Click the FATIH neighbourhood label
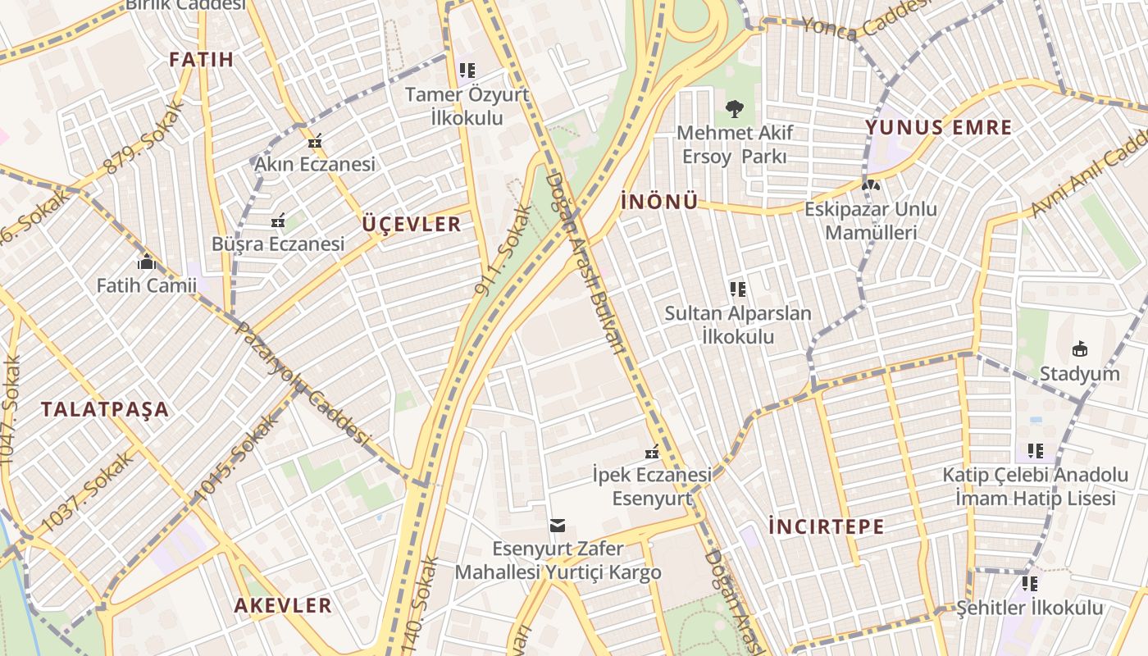click(x=201, y=59)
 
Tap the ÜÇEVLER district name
click(x=412, y=225)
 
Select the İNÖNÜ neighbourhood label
click(x=659, y=202)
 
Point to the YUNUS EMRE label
click(x=939, y=128)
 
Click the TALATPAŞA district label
click(x=105, y=409)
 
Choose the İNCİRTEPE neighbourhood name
click(x=827, y=526)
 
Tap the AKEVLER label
click(x=283, y=606)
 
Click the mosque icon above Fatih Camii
click(x=147, y=262)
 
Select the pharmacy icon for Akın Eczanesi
click(x=314, y=141)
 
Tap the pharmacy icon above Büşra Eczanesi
click(x=278, y=221)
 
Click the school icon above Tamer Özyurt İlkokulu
click(x=467, y=71)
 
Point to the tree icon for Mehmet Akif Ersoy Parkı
click(x=733, y=108)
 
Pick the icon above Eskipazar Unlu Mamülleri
click(x=870, y=185)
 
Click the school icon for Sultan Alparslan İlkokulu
click(x=737, y=289)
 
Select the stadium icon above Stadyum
click(x=1079, y=349)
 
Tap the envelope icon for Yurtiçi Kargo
click(x=558, y=525)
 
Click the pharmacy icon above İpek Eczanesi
click(x=652, y=451)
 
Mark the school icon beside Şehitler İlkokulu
click(x=1030, y=584)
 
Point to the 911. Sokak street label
click(x=503, y=251)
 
